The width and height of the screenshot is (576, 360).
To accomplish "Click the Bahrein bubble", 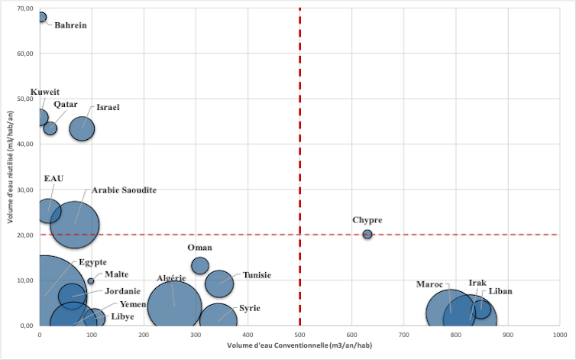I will (x=41, y=17).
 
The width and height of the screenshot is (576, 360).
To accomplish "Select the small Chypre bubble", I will (x=367, y=235).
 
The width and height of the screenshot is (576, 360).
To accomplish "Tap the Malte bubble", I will (x=91, y=281).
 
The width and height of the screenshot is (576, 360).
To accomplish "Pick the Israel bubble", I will (x=82, y=128).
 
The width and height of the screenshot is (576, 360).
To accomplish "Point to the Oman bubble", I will (x=200, y=265).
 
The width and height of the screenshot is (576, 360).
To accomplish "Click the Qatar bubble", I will (x=50, y=128).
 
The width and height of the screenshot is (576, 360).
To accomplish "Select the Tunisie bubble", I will (x=219, y=283).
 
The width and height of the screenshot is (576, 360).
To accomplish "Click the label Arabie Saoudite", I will (x=124, y=190).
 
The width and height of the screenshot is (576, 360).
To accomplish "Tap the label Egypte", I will (x=92, y=262).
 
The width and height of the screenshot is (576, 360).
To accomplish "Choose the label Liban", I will (x=500, y=291).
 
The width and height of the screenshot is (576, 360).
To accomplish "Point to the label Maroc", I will (x=430, y=284).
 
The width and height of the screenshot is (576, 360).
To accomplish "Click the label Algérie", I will (x=172, y=278).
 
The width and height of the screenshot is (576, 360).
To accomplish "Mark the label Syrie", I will (x=249, y=308).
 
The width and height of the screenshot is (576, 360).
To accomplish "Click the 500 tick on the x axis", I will (x=299, y=334).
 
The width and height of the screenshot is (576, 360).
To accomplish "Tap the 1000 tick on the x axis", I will (x=559, y=334).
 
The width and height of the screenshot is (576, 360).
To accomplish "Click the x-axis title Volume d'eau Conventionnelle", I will (x=299, y=346).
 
